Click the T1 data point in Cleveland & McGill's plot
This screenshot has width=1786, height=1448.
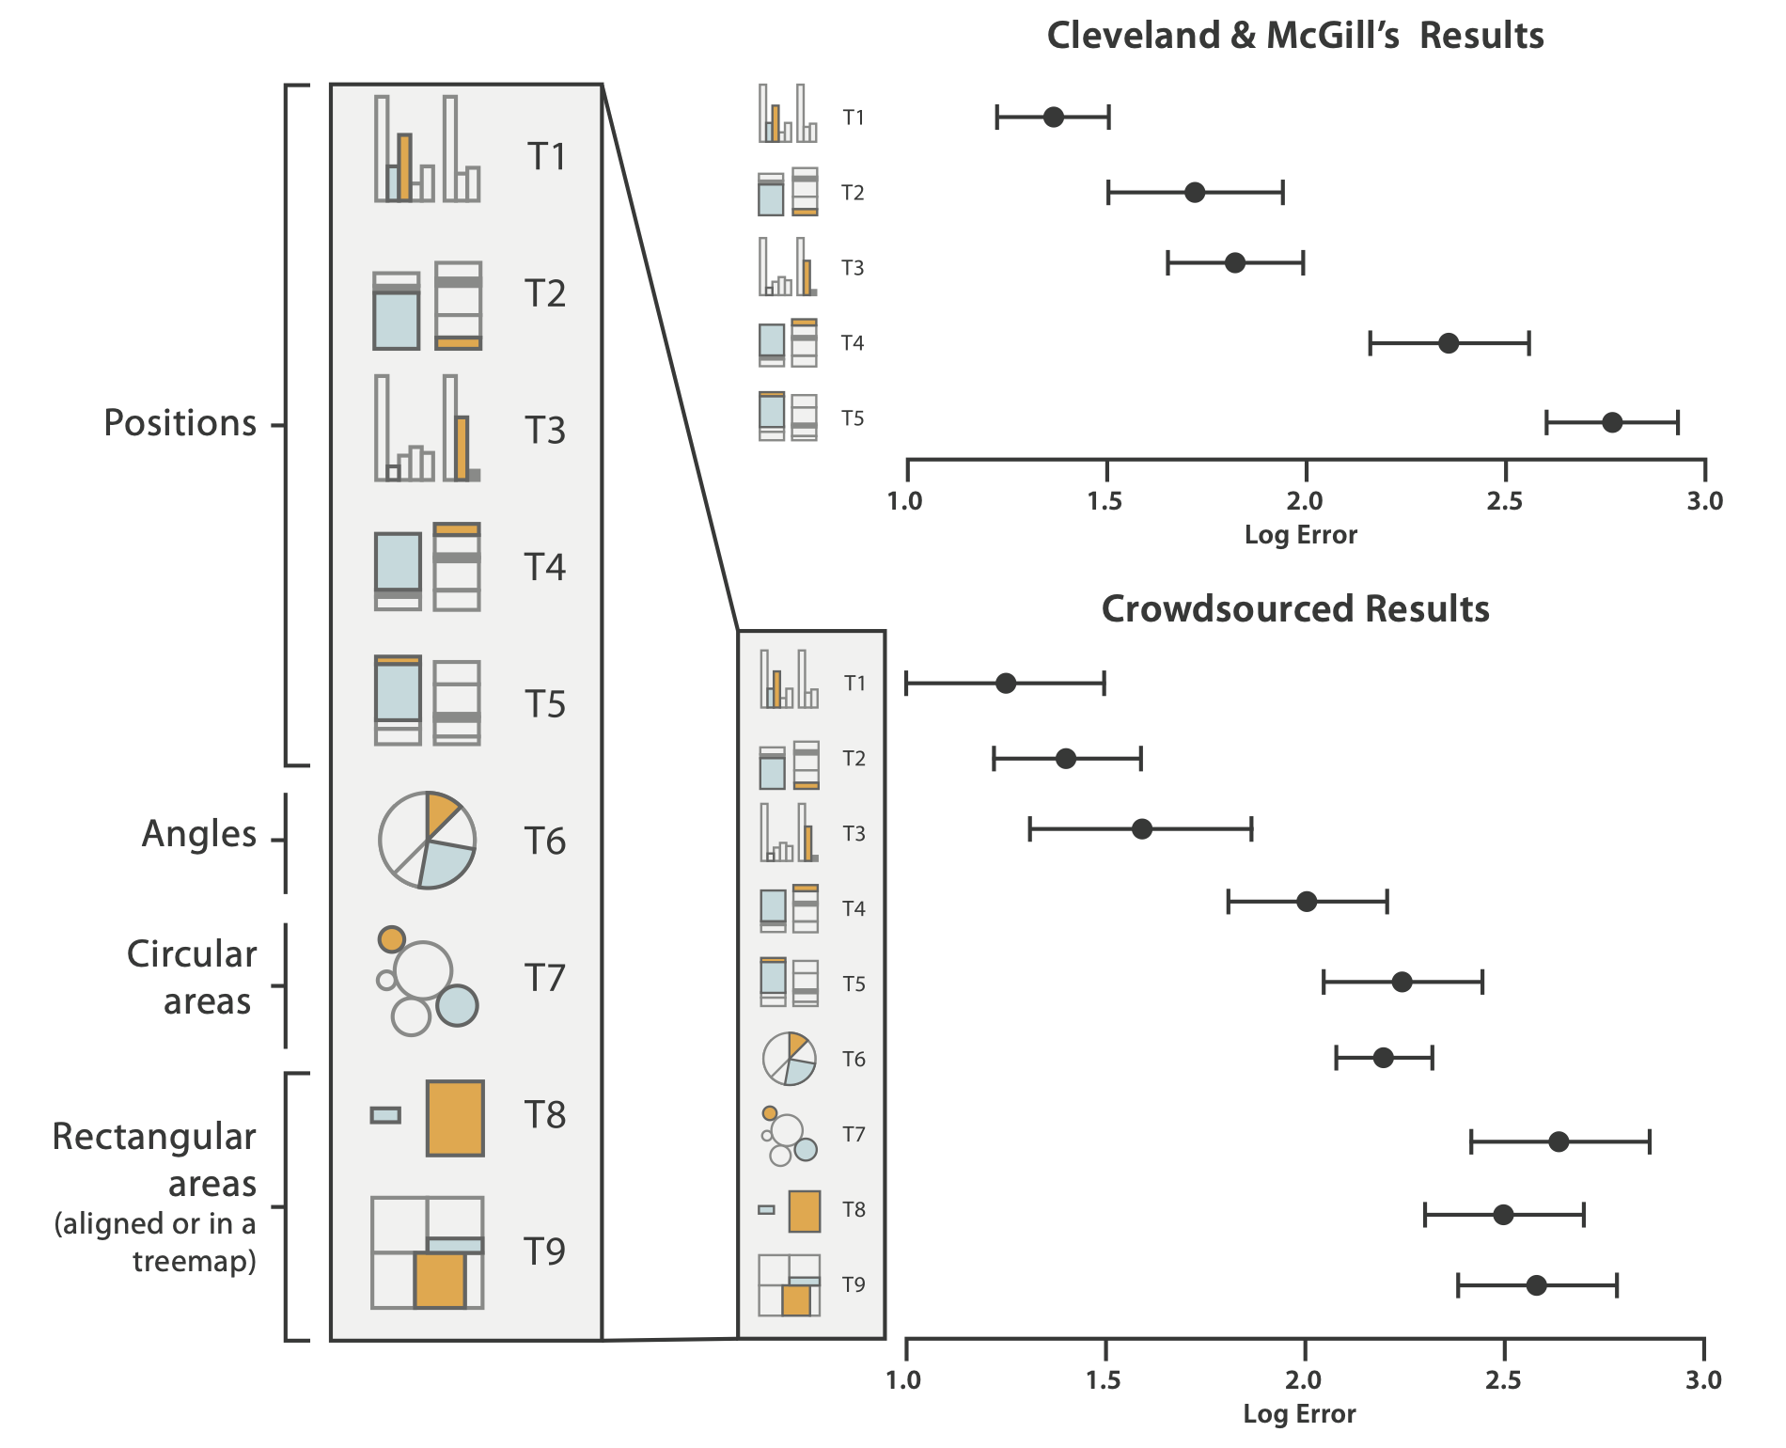pos(1054,118)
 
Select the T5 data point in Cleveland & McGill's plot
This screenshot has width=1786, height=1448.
pos(1612,422)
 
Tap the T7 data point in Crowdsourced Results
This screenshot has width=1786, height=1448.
pos(1559,1142)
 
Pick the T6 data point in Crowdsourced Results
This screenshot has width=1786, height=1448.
pos(1383,1058)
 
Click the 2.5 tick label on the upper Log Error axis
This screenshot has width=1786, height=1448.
pos(1504,501)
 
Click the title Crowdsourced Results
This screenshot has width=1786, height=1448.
pos(1295,609)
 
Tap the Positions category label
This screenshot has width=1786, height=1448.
pos(180,423)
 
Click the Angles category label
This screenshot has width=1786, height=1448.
pos(199,834)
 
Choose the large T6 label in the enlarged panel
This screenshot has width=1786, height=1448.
pos(545,842)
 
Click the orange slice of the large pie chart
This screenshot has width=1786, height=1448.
pos(440,811)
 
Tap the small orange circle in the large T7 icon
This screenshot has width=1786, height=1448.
pos(391,938)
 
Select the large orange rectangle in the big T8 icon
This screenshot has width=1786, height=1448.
pos(455,1118)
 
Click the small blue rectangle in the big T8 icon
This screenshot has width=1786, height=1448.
pos(385,1115)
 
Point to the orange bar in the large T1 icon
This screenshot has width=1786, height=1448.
pos(404,167)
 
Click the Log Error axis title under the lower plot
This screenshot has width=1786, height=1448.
pos(1299,1414)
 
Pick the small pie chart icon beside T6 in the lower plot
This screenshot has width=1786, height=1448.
pos(789,1059)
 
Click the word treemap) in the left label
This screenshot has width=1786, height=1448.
pos(195,1261)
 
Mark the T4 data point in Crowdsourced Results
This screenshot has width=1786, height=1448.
pos(1307,902)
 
